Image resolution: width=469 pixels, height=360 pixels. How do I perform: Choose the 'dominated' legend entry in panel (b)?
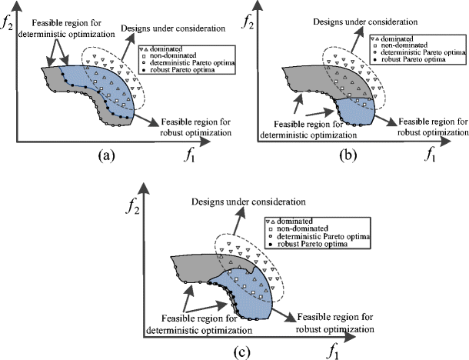414,38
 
